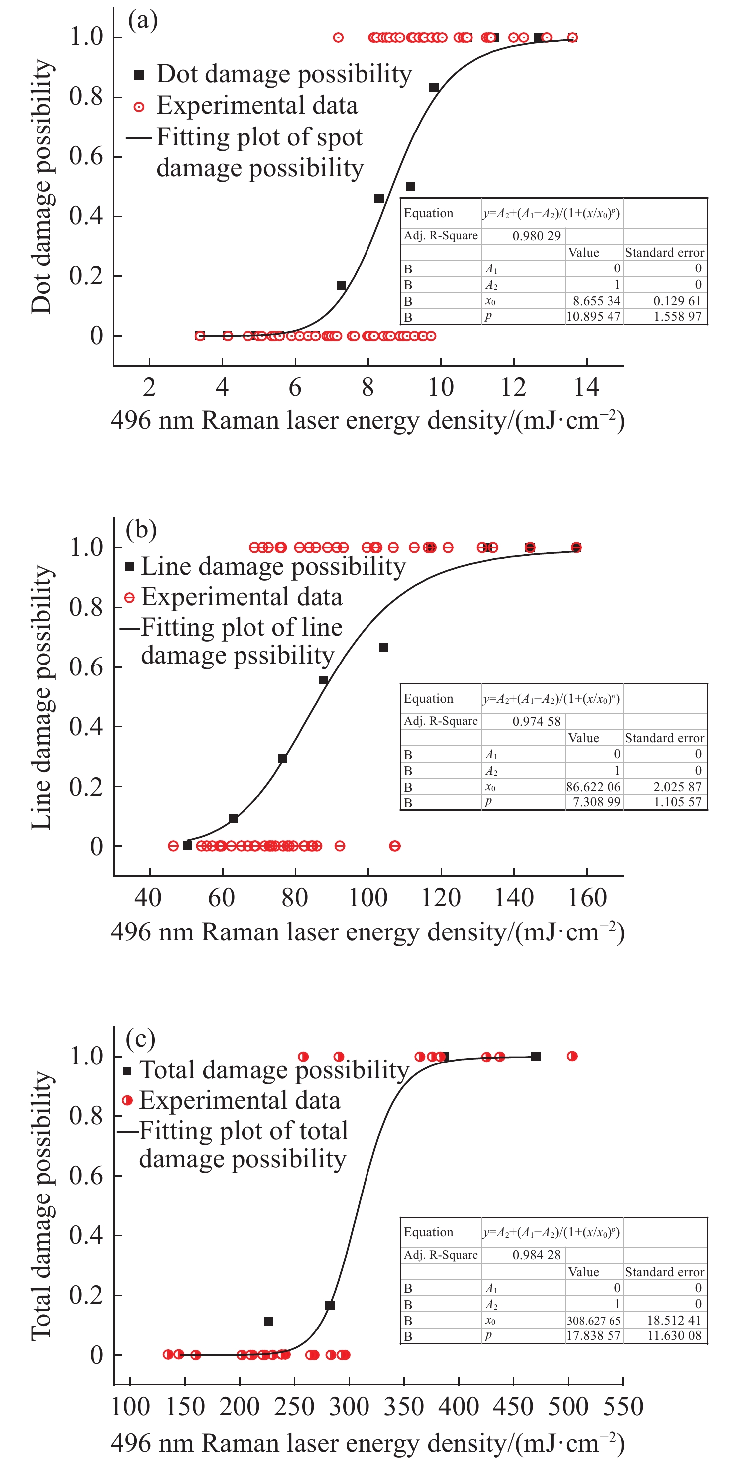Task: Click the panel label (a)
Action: click(142, 20)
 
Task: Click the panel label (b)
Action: click(141, 529)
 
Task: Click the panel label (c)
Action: click(140, 1038)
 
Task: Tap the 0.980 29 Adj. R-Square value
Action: click(536, 236)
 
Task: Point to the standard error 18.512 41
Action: click(674, 1320)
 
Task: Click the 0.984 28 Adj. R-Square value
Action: click(536, 1255)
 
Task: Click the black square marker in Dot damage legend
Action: click(139, 75)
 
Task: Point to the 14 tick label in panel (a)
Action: click(586, 387)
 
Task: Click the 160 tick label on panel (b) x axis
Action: click(588, 898)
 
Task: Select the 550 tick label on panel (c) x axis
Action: click(623, 1406)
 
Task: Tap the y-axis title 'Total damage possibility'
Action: click(42, 1206)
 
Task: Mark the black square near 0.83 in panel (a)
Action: click(434, 87)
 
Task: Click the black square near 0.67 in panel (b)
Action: click(383, 647)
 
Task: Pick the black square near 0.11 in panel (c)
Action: click(268, 1321)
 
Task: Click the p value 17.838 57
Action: click(593, 1335)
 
